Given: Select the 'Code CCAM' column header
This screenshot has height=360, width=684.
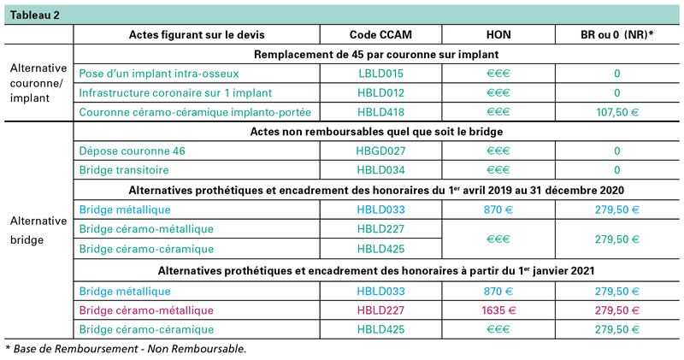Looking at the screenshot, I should click(x=380, y=35).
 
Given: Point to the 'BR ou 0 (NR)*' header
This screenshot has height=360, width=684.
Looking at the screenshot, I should click(x=616, y=35).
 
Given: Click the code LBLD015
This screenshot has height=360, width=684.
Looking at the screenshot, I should click(x=380, y=74).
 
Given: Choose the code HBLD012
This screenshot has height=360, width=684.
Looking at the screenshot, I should click(x=380, y=92).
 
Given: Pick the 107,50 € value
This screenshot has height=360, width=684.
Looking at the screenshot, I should click(x=616, y=112).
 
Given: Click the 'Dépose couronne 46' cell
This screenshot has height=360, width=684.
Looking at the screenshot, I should click(x=132, y=150).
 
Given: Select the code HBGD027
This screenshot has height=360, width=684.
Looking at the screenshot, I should click(x=380, y=150).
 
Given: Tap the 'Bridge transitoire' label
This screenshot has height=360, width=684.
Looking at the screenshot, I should click(x=124, y=169).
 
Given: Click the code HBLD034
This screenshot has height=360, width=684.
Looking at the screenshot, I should click(x=380, y=169).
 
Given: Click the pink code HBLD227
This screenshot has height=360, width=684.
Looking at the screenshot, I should click(x=380, y=310).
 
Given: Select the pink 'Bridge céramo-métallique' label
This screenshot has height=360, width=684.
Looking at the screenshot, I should click(x=146, y=310).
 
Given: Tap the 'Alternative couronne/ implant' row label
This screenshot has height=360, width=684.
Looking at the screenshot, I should click(x=37, y=82).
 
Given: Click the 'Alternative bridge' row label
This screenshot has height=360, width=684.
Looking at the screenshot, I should click(x=37, y=230).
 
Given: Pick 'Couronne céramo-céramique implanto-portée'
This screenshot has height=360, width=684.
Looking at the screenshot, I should click(x=193, y=112).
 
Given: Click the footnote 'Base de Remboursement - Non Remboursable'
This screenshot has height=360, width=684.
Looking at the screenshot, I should click(x=128, y=348).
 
